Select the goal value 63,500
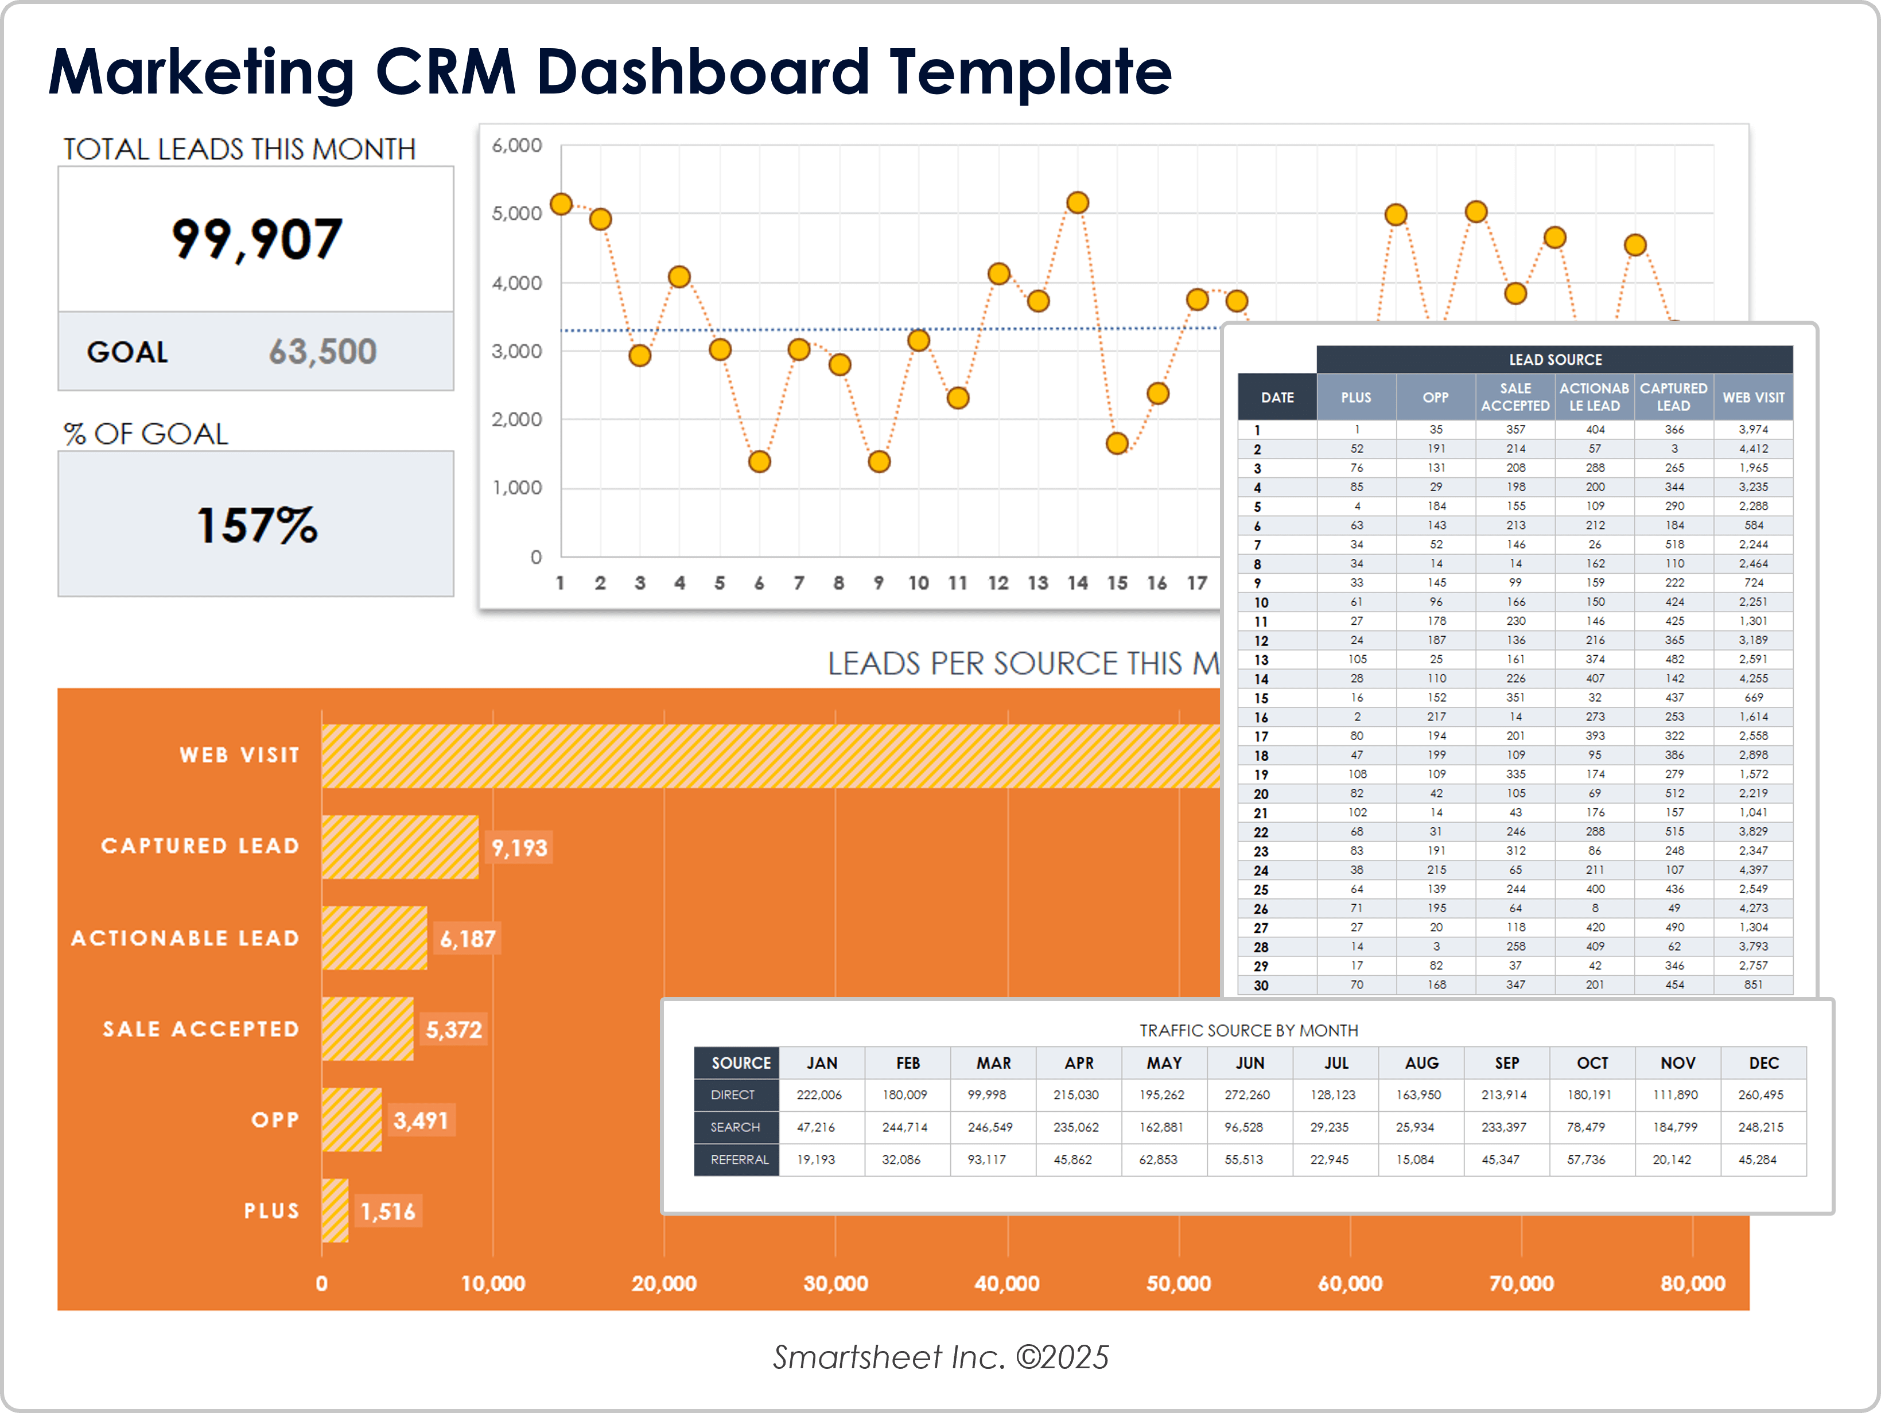tap(322, 351)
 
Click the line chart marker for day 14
tap(1078, 203)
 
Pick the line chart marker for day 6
tap(759, 462)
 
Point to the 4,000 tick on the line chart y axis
tap(516, 283)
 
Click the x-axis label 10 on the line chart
tap(918, 583)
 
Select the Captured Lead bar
tap(400, 847)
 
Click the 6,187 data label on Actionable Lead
tap(467, 939)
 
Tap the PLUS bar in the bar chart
tap(335, 1210)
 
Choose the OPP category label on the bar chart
tap(275, 1120)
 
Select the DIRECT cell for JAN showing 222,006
tap(819, 1095)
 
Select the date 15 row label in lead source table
tap(1261, 698)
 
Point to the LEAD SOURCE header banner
tap(1554, 360)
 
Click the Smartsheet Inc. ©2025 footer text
tap(940, 1357)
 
